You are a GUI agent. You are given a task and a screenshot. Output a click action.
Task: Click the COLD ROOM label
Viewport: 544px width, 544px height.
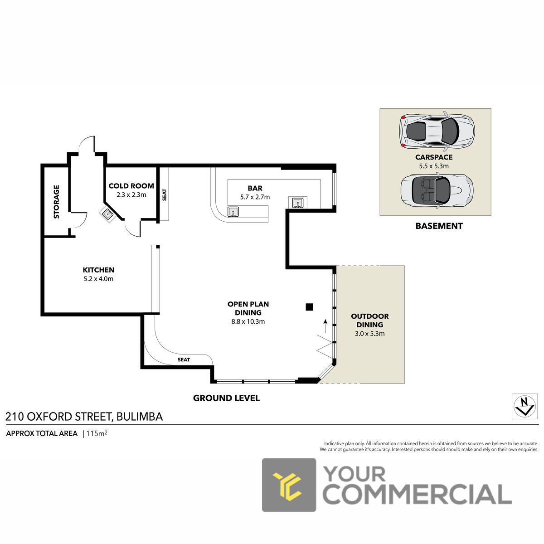click(x=131, y=186)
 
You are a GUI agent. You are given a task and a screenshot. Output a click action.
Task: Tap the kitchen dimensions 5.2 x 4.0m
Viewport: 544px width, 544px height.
click(x=98, y=279)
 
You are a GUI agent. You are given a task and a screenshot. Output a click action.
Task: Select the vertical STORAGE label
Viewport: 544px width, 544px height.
click(x=57, y=202)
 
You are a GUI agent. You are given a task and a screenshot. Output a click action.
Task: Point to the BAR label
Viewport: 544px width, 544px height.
click(x=255, y=188)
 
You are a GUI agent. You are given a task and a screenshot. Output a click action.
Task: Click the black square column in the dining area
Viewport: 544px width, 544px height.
click(x=310, y=307)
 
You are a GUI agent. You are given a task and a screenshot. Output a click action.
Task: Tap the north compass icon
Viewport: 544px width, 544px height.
click(x=525, y=407)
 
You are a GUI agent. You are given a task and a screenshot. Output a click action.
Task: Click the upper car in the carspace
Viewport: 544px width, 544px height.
click(x=437, y=131)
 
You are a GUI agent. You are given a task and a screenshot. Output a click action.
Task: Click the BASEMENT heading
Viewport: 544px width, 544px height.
click(x=439, y=226)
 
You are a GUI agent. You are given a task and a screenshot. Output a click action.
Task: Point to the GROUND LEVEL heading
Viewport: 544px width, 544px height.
click(x=226, y=398)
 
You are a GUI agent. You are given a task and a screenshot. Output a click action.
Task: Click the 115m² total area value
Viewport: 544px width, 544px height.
click(x=97, y=433)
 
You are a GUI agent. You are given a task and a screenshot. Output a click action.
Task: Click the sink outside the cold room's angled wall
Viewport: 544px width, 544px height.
click(x=108, y=214)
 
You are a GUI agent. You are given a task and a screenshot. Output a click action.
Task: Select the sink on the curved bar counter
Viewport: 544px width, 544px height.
click(x=233, y=212)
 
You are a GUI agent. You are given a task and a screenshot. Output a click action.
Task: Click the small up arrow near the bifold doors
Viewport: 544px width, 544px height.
click(x=325, y=326)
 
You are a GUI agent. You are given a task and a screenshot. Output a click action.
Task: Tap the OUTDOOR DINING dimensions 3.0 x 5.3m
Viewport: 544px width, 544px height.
click(x=369, y=334)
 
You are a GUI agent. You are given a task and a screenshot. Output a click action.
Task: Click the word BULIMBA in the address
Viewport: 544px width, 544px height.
click(x=140, y=417)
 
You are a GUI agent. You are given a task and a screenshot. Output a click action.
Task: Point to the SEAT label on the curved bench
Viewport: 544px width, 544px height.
click(x=184, y=359)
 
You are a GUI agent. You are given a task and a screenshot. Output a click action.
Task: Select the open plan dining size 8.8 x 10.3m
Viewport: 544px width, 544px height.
click(x=248, y=321)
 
